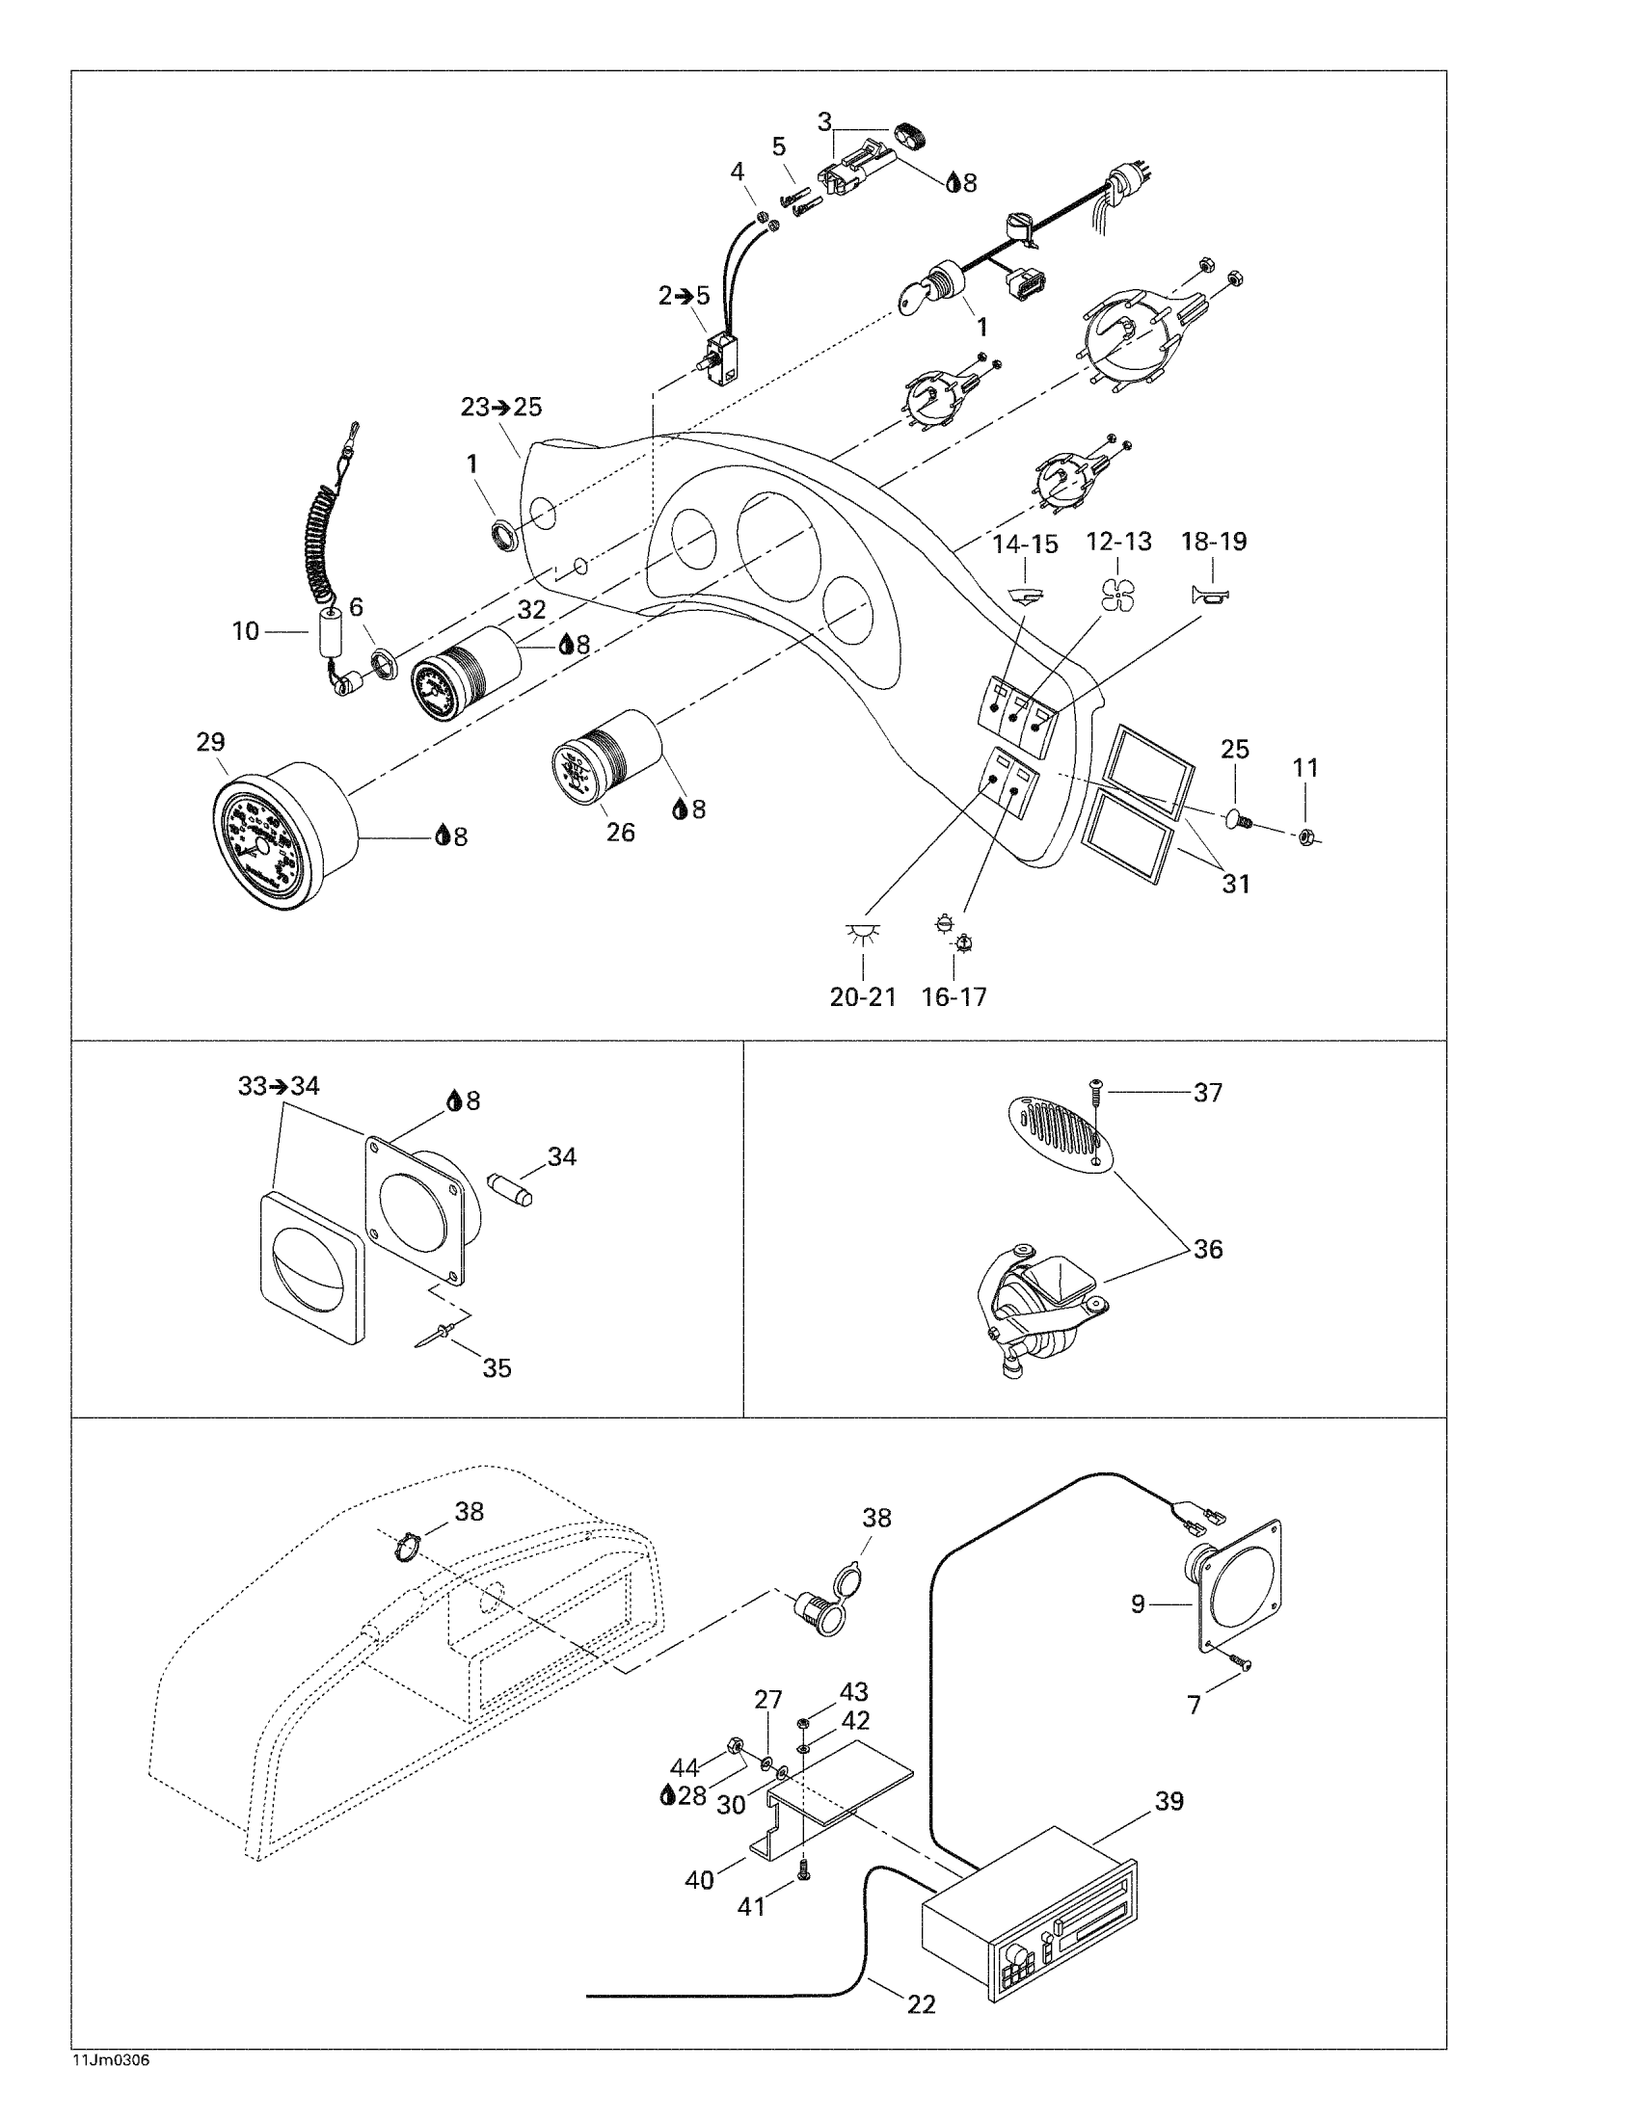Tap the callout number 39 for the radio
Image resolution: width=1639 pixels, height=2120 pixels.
click(x=1169, y=1801)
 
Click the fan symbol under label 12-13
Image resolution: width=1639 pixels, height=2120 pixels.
click(x=1117, y=594)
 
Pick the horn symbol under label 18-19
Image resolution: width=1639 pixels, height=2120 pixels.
click(x=1211, y=594)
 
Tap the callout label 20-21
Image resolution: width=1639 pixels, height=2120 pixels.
click(x=862, y=997)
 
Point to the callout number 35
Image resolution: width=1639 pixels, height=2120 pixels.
click(x=497, y=1368)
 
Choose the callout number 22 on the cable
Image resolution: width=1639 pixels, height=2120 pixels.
click(x=921, y=2003)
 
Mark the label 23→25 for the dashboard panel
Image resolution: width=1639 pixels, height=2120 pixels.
click(x=501, y=408)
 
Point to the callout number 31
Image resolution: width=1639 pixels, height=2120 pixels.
click(x=1235, y=884)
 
